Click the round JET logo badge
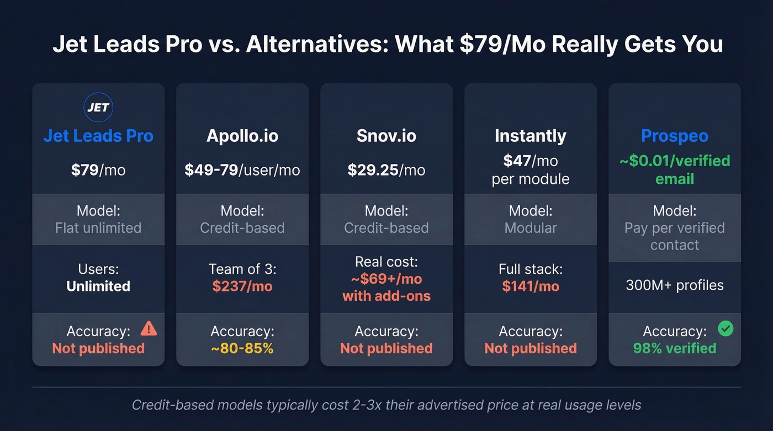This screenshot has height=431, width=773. click(x=98, y=107)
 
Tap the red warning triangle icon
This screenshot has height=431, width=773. click(x=149, y=329)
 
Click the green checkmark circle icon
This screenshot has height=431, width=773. click(x=725, y=329)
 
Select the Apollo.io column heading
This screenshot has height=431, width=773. click(x=242, y=136)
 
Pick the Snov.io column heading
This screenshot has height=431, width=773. click(x=386, y=136)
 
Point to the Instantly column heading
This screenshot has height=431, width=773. click(x=530, y=136)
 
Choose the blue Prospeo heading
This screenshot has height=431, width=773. click(x=674, y=136)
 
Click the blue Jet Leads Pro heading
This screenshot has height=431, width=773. click(x=98, y=136)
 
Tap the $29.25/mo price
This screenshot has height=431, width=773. click(x=386, y=170)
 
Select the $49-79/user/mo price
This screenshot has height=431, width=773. click(x=242, y=170)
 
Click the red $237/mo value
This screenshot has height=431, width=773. click(x=242, y=286)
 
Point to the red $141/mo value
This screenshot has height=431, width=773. click(x=530, y=286)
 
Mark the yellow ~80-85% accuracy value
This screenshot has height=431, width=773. click(x=242, y=348)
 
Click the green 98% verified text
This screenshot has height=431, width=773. click(x=674, y=348)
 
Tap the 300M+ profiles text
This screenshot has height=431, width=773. click(x=674, y=285)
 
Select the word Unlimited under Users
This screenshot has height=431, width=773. click(x=98, y=286)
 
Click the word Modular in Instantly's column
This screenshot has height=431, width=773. click(x=530, y=228)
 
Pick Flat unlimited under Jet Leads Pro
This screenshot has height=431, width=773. click(x=98, y=228)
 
